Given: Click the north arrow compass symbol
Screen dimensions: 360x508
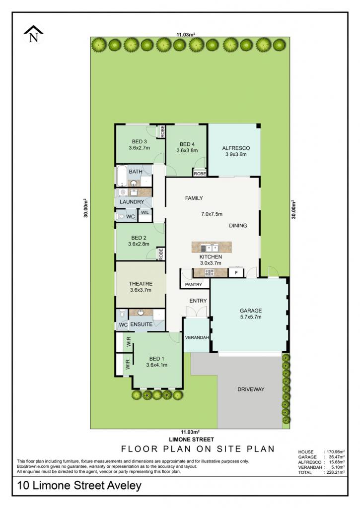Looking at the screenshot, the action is (33, 34).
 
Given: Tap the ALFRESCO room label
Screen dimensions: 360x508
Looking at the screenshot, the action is (236, 148).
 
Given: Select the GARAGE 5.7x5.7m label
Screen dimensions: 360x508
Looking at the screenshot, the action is (251, 314).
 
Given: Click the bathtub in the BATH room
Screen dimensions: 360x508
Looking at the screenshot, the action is (122, 176).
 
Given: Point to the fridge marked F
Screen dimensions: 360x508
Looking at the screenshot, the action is (236, 272).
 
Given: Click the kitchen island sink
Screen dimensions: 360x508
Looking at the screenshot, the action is (210, 248).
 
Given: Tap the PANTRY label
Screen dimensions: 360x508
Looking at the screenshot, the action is (193, 284).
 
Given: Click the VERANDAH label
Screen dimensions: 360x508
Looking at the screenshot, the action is (197, 337).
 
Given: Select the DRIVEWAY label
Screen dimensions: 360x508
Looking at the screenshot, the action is (251, 389).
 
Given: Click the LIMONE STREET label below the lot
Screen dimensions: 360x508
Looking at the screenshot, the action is (191, 440).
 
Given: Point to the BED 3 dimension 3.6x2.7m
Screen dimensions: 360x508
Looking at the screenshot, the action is (139, 148).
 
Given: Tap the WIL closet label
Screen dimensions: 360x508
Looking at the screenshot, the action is (145, 212).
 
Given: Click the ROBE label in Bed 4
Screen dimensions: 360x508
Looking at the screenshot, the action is (200, 174).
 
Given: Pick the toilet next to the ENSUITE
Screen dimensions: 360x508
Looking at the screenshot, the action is (122, 314).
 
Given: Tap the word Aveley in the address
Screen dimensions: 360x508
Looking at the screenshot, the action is (123, 485).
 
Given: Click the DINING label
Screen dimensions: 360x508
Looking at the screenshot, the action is (238, 226).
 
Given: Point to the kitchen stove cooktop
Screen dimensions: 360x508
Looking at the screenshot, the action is (210, 272).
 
